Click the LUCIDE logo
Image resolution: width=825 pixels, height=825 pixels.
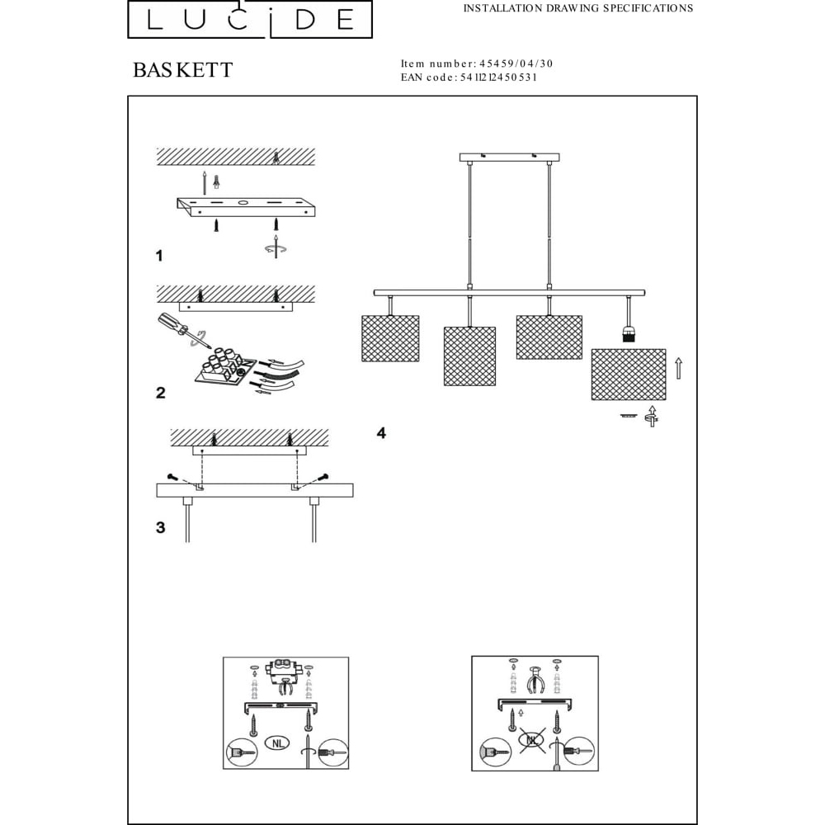pos(250,19)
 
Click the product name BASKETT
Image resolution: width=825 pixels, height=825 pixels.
pos(182,70)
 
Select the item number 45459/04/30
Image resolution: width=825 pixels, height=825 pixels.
pos(516,64)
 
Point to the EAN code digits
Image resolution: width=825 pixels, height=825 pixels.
pos(498,78)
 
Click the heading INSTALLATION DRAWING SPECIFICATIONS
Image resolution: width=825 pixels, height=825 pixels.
pos(577,8)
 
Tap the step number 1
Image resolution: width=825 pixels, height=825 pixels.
pos(159,257)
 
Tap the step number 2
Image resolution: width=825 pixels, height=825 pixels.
pos(161,393)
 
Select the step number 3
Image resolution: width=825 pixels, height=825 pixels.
pos(161,527)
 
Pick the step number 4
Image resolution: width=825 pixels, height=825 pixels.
pos(381,433)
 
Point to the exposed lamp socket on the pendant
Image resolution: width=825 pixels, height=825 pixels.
pos(629,334)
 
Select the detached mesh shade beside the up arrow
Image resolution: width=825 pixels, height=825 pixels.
pos(628,374)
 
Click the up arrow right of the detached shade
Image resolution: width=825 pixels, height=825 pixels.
pos(679,368)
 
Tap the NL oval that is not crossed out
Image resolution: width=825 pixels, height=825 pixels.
pos(278,743)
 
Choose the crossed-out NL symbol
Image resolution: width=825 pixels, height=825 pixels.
pos(532,740)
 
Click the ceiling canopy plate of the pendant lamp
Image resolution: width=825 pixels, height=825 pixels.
pos(509,158)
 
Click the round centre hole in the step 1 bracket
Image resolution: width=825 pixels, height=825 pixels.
pos(243,202)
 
